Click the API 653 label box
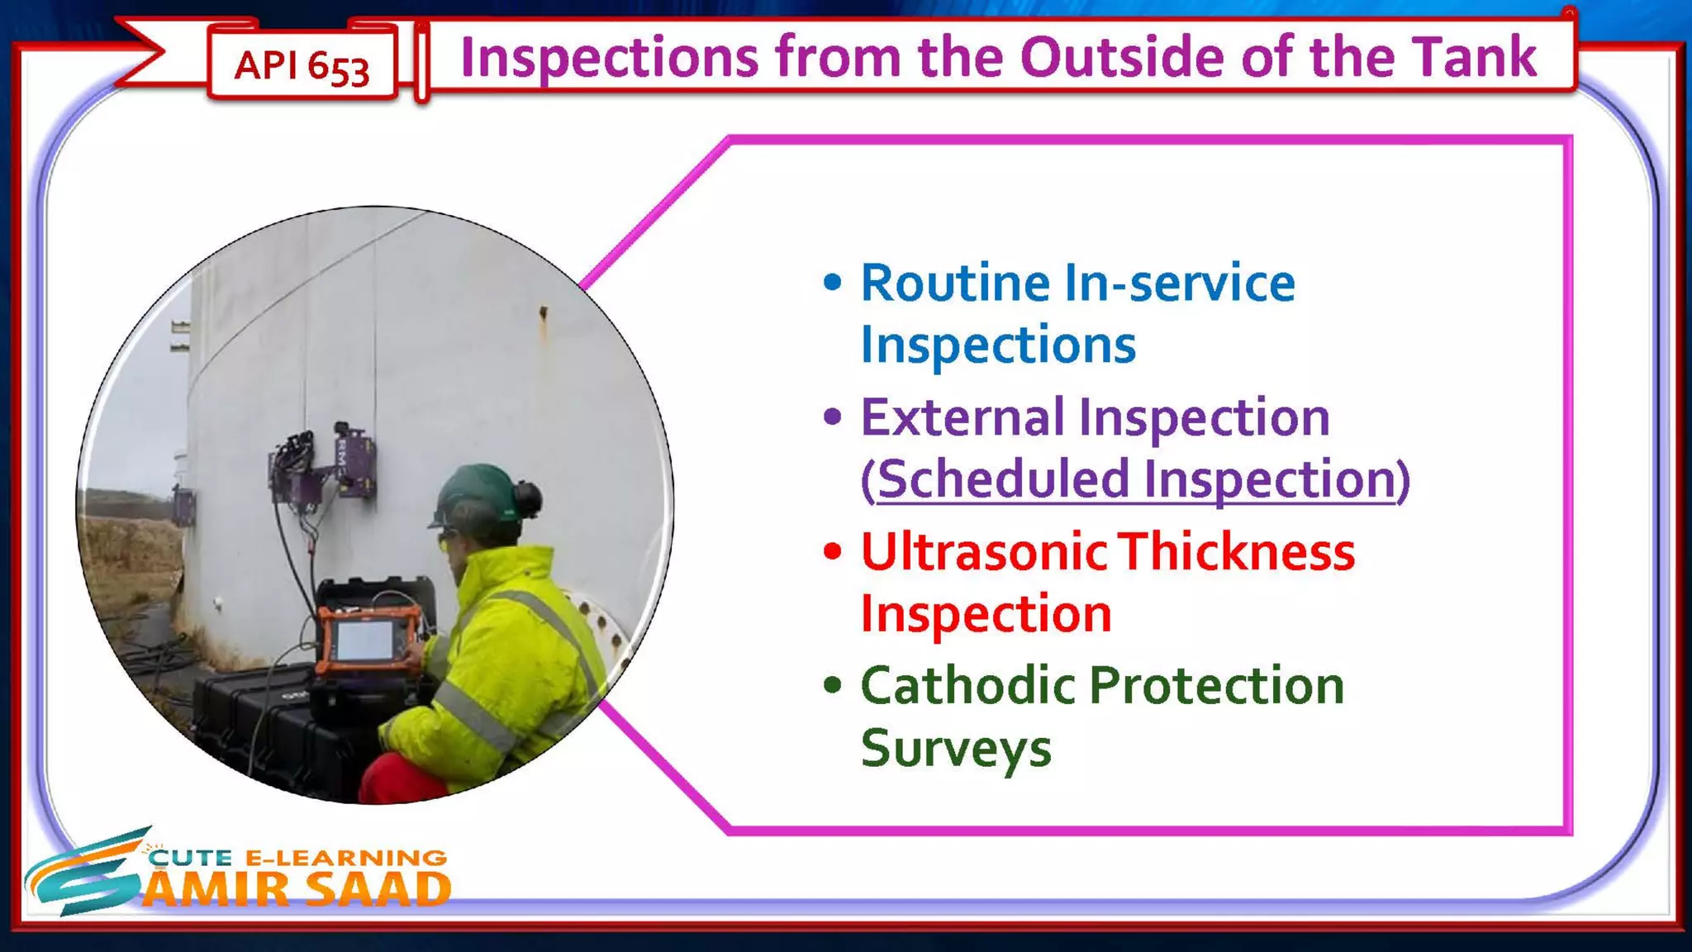click(x=302, y=64)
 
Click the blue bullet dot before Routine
click(x=833, y=283)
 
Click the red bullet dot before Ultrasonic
click(x=833, y=551)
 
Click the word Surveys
click(x=956, y=748)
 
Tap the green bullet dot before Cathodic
click(x=833, y=685)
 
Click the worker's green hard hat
click(x=474, y=491)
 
